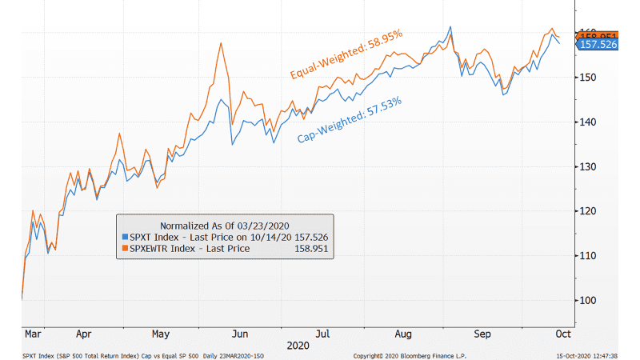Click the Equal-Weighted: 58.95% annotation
point(346,54)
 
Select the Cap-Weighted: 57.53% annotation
point(350,120)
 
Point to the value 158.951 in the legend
point(310,249)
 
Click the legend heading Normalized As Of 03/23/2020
point(224,225)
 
